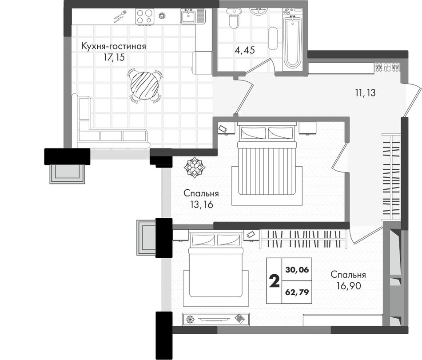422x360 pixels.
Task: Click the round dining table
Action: [x=144, y=85]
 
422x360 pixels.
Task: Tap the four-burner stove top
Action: [x=144, y=16]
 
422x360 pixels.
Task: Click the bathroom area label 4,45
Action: [x=245, y=50]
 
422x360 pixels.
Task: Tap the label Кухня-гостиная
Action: [x=114, y=46]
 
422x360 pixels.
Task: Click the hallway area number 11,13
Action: [x=365, y=93]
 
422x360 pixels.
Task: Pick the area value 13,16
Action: [x=201, y=204]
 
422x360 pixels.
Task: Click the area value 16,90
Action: [x=349, y=286]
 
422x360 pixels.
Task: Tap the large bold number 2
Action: [x=274, y=281]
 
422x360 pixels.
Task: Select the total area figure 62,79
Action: [x=297, y=292]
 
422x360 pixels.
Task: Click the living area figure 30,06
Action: [x=297, y=269]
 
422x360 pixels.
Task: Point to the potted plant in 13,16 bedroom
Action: [x=194, y=168]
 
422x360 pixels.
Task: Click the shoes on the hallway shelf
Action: [x=387, y=67]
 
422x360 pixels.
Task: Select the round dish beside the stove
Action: [x=162, y=16]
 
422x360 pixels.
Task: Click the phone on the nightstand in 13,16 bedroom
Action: [x=223, y=129]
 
